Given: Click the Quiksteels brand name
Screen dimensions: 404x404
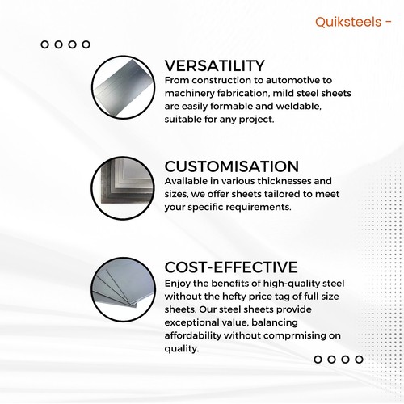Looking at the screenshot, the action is pyautogui.click(x=348, y=22).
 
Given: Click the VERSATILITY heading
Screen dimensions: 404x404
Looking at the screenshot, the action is pyautogui.click(x=215, y=65).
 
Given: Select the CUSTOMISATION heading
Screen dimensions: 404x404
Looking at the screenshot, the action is pyautogui.click(x=232, y=166).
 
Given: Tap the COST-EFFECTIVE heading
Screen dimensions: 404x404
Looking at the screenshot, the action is pyautogui.click(x=231, y=267).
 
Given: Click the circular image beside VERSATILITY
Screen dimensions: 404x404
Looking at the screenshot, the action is pyautogui.click(x=123, y=87).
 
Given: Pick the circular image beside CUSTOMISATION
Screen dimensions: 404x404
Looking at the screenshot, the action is pyautogui.click(x=123, y=188).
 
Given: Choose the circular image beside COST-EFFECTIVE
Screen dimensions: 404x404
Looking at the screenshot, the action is pyautogui.click(x=123, y=289).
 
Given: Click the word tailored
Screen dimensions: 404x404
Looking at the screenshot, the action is pyautogui.click(x=282, y=194).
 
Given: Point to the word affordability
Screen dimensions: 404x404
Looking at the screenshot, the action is pyautogui.click(x=192, y=335).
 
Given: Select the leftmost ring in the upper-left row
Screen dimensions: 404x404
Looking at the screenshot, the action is pyautogui.click(x=44, y=44).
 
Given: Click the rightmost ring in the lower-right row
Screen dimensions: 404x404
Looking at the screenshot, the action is pyautogui.click(x=359, y=360).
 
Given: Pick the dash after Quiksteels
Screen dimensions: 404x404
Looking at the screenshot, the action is pyautogui.click(x=388, y=23).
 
